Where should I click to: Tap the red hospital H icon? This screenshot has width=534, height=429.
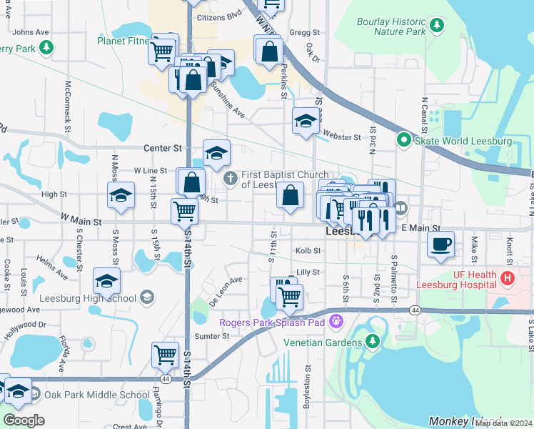click(x=508, y=277)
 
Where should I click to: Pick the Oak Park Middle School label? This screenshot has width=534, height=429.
click(x=96, y=395)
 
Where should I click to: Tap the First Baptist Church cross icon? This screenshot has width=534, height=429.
click(x=230, y=177)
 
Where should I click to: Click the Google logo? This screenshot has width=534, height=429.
click(x=23, y=420)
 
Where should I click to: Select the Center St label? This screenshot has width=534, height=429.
click(x=163, y=148)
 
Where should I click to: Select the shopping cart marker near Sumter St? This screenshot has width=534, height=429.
click(x=165, y=354)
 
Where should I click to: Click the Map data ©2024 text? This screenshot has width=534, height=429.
click(x=503, y=423)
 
